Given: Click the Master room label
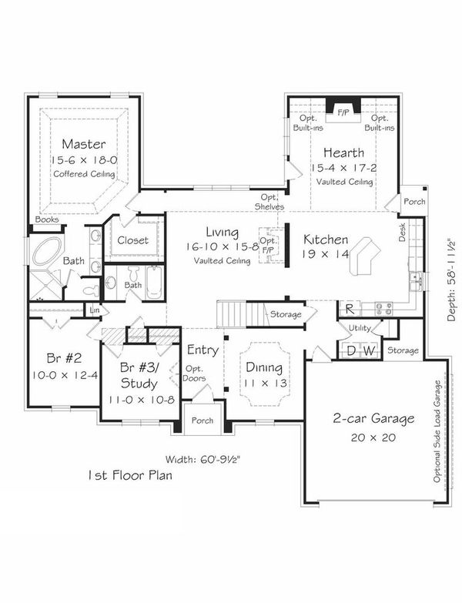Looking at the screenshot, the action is [84, 144].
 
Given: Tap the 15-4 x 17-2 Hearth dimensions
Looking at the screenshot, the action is [344, 168].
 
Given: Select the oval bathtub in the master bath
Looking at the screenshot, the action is [46, 251].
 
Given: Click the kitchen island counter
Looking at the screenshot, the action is [363, 256].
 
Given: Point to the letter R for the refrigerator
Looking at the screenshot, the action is [350, 309].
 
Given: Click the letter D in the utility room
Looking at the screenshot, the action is [351, 350].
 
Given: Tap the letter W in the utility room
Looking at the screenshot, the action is [369, 350].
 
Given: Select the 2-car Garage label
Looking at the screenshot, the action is [373, 418].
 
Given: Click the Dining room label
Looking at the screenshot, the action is [264, 367].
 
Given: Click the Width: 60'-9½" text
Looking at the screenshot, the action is [203, 459].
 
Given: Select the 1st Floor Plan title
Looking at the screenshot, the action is [130, 475].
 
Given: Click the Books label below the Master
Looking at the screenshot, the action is [47, 219].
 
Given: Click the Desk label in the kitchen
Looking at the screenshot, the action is [402, 233].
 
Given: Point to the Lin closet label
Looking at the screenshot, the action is [95, 310].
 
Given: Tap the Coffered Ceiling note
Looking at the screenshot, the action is [84, 174].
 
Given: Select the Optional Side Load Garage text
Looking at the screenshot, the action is [437, 431].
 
